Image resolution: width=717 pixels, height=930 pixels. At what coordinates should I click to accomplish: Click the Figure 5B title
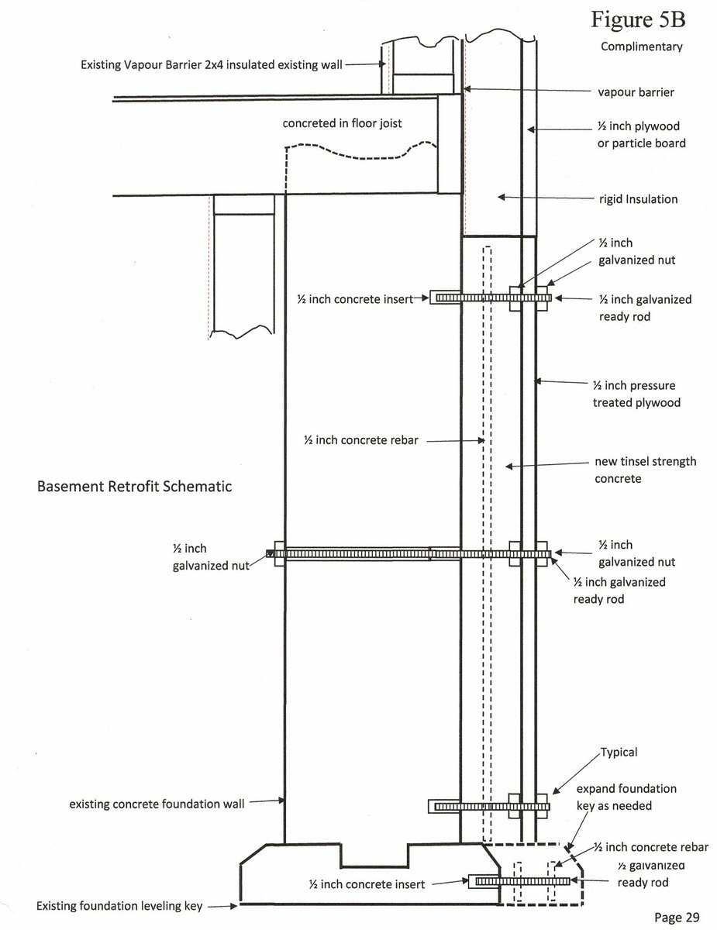638,19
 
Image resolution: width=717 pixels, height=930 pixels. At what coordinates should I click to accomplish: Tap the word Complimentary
642,46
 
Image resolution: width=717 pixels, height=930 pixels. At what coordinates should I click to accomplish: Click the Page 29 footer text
677,917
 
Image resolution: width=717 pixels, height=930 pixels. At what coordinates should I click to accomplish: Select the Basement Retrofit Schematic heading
134,486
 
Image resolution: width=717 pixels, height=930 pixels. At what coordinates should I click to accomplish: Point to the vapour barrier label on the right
636,92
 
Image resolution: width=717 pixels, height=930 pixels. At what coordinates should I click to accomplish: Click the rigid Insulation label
638,199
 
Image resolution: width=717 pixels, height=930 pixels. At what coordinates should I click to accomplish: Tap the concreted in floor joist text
342,123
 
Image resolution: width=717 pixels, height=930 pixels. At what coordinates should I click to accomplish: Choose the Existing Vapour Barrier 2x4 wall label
212,64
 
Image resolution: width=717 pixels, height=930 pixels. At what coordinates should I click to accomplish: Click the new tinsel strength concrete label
645,470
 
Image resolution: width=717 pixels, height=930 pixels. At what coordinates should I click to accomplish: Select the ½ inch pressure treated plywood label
636,394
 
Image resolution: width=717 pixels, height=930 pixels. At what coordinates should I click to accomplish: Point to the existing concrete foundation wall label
157,804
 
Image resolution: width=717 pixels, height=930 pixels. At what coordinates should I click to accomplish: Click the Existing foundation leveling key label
119,906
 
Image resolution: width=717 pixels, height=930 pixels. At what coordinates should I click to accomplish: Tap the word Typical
619,752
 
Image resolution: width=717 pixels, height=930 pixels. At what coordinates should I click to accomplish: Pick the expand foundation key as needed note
626,797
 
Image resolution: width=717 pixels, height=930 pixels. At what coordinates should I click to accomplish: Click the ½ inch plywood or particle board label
641,134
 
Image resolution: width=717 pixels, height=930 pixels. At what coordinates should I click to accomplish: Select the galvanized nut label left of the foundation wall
211,556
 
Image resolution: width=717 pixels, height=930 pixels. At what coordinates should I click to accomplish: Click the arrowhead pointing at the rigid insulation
502,197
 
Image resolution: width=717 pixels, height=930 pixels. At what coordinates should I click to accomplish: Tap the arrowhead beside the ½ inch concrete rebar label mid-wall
481,440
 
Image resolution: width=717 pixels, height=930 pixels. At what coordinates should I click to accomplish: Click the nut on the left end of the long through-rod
279,553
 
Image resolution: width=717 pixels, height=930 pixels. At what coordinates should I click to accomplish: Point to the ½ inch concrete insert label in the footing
367,884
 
